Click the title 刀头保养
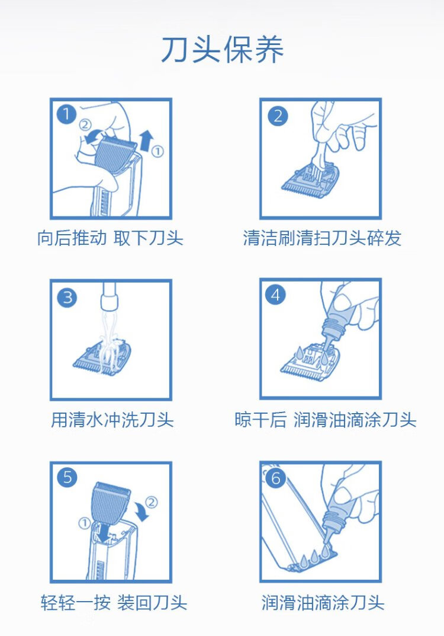[222, 50]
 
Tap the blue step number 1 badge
[67, 114]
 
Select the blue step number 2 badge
[278, 116]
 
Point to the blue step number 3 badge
[67, 298]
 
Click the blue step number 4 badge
[275, 295]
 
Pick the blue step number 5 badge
[67, 477]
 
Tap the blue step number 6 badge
[276, 478]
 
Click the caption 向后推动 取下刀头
[110, 238]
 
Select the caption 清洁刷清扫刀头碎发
[322, 238]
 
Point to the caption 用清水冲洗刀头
[112, 420]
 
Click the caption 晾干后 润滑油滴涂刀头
[325, 420]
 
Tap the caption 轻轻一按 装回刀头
[114, 603]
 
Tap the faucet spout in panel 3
[110, 296]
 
